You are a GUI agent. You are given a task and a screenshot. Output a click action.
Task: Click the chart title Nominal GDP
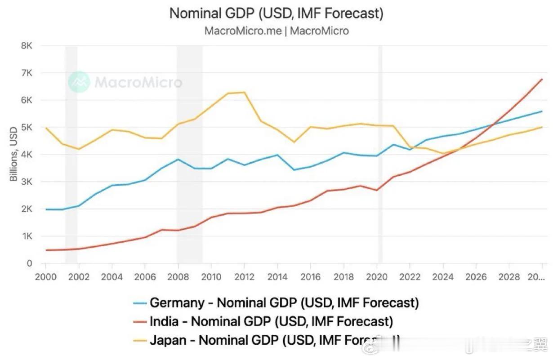276,13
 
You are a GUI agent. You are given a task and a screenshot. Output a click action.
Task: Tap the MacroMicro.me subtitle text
276,31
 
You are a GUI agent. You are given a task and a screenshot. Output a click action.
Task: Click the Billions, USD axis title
13,154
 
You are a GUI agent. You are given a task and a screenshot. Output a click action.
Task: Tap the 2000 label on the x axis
46,277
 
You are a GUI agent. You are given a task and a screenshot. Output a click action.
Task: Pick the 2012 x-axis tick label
244,277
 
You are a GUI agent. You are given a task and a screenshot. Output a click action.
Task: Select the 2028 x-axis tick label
508,277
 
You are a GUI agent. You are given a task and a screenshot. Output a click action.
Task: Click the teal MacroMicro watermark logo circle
79,82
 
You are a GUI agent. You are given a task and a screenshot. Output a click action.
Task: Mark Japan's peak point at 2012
244,92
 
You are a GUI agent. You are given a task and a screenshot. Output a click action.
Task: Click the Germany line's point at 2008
178,159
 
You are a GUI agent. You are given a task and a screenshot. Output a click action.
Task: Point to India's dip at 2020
376,190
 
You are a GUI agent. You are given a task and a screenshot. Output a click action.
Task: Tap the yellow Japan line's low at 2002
79,149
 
